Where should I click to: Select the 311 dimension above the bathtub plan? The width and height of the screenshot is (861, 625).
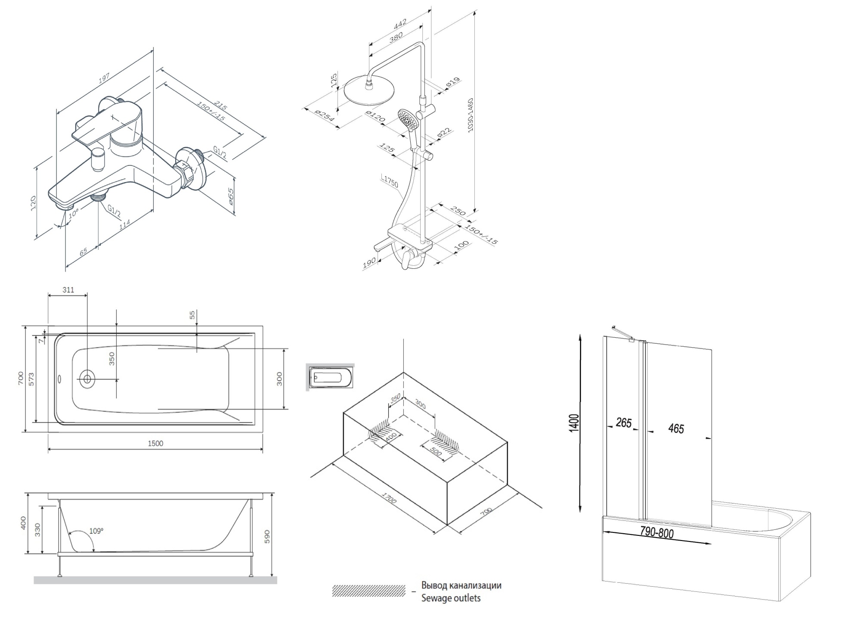[x=68, y=290]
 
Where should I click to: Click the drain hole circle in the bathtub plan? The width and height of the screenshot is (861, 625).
[x=87, y=379]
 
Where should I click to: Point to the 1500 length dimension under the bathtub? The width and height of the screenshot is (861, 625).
[x=155, y=443]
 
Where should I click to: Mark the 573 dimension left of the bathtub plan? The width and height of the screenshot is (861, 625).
[x=31, y=379]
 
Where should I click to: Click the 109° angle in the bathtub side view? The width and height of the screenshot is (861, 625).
[x=96, y=531]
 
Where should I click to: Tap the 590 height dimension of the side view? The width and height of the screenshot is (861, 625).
[x=267, y=536]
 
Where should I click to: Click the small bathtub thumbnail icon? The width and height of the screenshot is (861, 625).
[x=330, y=377]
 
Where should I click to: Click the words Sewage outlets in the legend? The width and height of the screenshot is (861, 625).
[x=451, y=598]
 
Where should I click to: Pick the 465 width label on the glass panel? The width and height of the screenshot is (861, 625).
[x=676, y=428]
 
